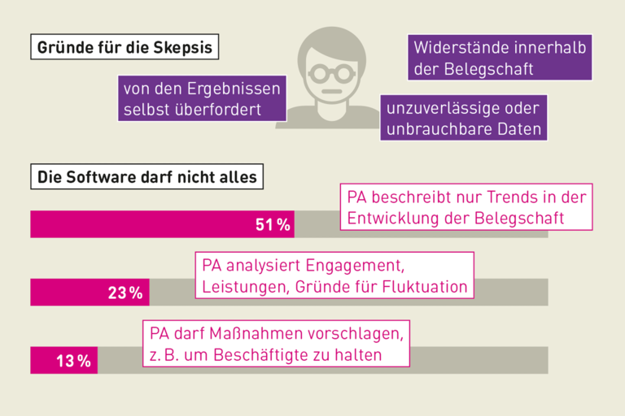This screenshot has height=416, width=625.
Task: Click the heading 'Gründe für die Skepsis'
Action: [125, 48]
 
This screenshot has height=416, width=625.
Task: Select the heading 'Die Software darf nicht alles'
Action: [146, 176]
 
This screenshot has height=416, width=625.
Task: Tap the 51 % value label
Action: [273, 225]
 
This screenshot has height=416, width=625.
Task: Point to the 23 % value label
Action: [125, 293]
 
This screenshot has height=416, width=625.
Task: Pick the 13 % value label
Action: [73, 361]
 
